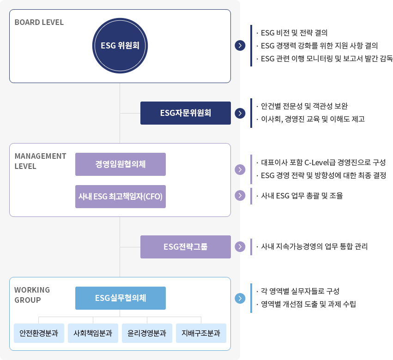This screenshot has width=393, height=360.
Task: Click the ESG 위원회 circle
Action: click(x=120, y=46)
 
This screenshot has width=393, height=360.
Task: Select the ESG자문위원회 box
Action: click(x=186, y=113)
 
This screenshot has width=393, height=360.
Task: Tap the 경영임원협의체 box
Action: click(x=121, y=164)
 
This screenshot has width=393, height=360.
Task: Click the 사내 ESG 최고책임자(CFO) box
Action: click(x=121, y=197)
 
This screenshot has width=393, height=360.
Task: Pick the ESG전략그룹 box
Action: click(x=186, y=247)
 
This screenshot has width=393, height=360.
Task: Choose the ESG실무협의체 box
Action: click(x=121, y=298)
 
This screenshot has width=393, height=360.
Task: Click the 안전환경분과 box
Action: click(x=39, y=333)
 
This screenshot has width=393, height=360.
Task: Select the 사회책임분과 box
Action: click(x=93, y=333)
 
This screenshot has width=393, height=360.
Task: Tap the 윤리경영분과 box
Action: click(x=147, y=333)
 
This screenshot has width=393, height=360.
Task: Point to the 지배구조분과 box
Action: click(x=201, y=333)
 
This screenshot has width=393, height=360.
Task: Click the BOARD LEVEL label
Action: click(x=39, y=22)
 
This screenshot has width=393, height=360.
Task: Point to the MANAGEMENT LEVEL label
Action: click(x=40, y=161)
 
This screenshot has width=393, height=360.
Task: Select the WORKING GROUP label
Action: click(x=32, y=295)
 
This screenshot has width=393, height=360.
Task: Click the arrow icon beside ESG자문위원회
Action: click(x=240, y=113)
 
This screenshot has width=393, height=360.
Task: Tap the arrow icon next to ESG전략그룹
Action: click(x=240, y=247)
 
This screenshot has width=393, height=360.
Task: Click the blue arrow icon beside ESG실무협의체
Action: click(x=240, y=298)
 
